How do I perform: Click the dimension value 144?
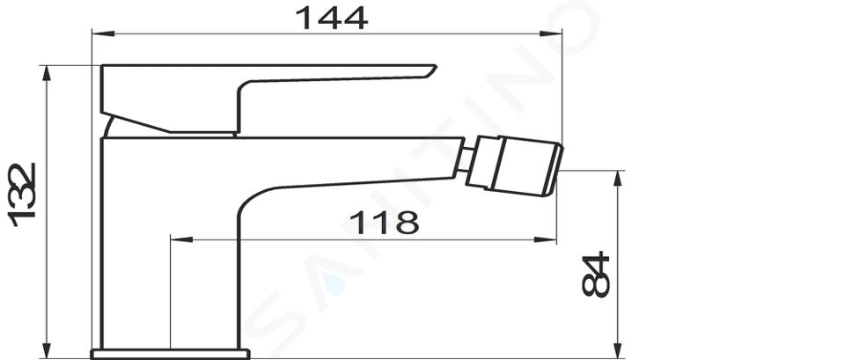click(332, 18)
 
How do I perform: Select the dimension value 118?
click(384, 222)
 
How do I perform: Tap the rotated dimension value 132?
click(22, 195)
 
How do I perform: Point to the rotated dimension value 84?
click(596, 274)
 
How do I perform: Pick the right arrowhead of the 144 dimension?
click(551, 33)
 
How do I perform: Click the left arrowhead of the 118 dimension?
click(181, 239)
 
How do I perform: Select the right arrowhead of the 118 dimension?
click(545, 239)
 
